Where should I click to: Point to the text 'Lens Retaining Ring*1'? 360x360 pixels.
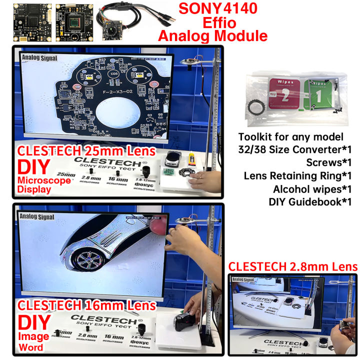click(x=297, y=176)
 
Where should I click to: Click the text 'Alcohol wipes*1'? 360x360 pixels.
click(x=312, y=189)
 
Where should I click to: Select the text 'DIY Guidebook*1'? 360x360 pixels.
click(x=310, y=202)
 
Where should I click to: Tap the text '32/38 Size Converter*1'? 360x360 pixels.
click(x=295, y=149)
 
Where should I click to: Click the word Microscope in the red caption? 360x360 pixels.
click(x=44, y=180)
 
